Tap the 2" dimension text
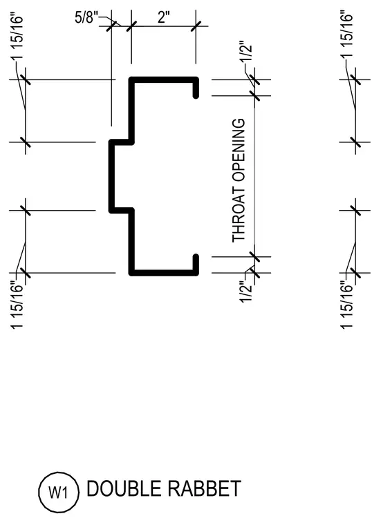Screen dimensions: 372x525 [x=164, y=17]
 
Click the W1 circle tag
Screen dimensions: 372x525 [x=59, y=492]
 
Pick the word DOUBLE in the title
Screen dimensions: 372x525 [x=124, y=488]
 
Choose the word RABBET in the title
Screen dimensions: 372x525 [x=205, y=488]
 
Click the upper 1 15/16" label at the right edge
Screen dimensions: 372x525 [x=348, y=37]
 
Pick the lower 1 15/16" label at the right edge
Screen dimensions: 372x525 [x=348, y=305]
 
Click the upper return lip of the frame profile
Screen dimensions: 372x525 [x=196, y=88]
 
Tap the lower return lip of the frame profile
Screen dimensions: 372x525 [x=196, y=265]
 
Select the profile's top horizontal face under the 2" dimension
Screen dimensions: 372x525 [x=164, y=79]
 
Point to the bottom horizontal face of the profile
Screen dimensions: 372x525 [x=164, y=273]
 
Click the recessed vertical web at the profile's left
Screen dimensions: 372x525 [x=111, y=176]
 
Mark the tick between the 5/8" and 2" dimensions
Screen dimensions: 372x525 [x=131, y=26]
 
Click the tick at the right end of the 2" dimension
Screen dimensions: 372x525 [x=196, y=26]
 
